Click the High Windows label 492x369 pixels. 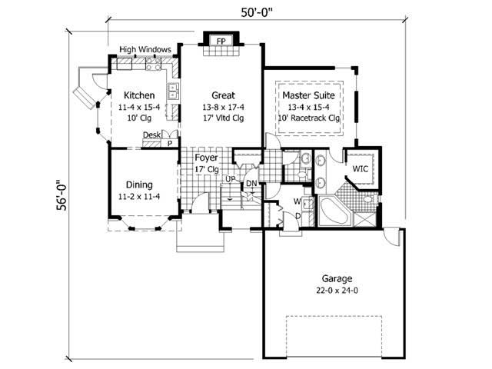(145, 50)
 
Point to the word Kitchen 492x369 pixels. (139, 95)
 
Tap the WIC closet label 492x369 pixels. (361, 168)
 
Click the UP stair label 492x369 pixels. (229, 179)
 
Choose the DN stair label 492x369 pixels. (251, 183)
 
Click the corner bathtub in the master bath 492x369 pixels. (333, 211)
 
